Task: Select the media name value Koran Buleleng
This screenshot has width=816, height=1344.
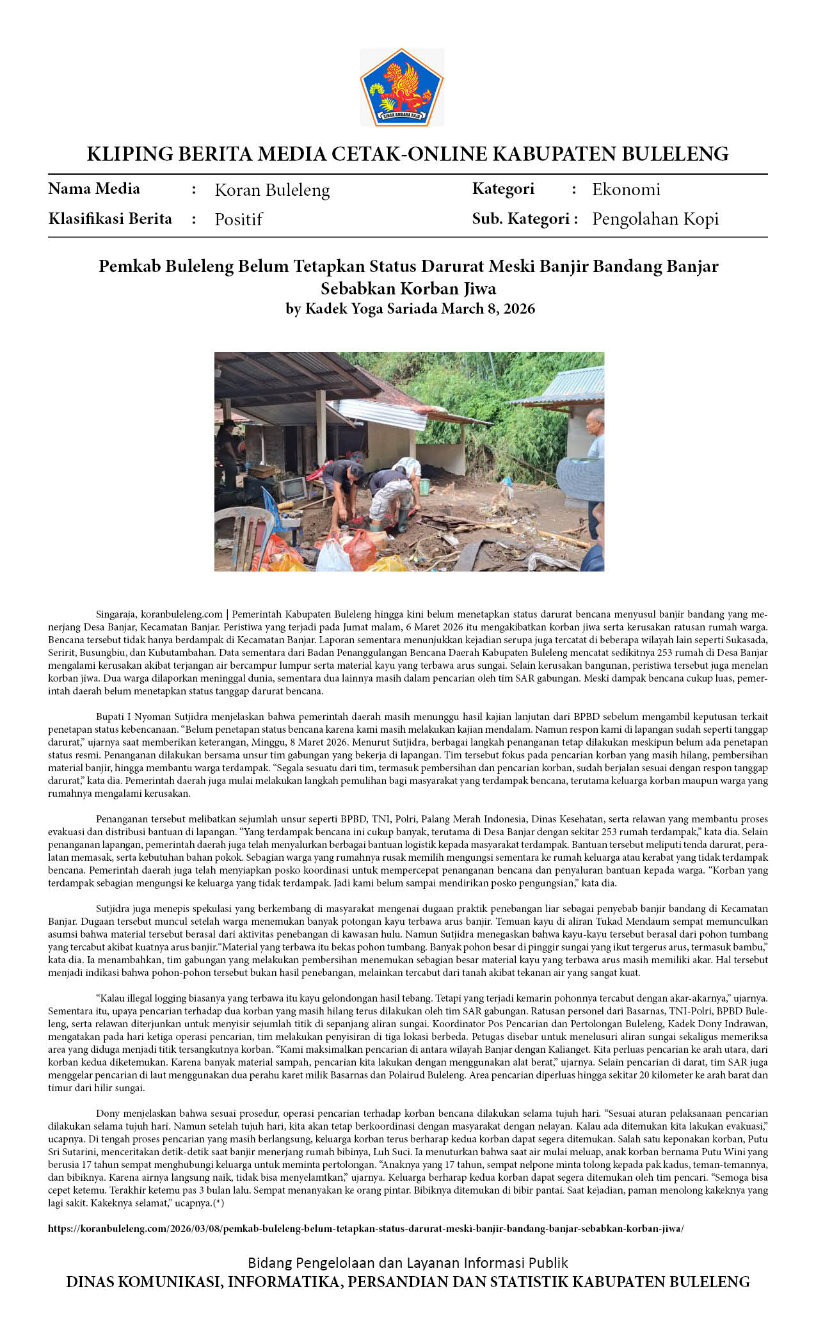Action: click(272, 190)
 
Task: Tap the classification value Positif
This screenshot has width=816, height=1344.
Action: click(238, 220)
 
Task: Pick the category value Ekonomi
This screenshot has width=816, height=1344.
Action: click(625, 189)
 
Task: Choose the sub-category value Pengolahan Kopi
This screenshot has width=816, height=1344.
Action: click(655, 219)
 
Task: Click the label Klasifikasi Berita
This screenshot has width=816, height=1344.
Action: click(110, 219)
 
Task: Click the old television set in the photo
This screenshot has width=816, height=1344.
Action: click(291, 489)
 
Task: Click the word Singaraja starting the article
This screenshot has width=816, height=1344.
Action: click(116, 614)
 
